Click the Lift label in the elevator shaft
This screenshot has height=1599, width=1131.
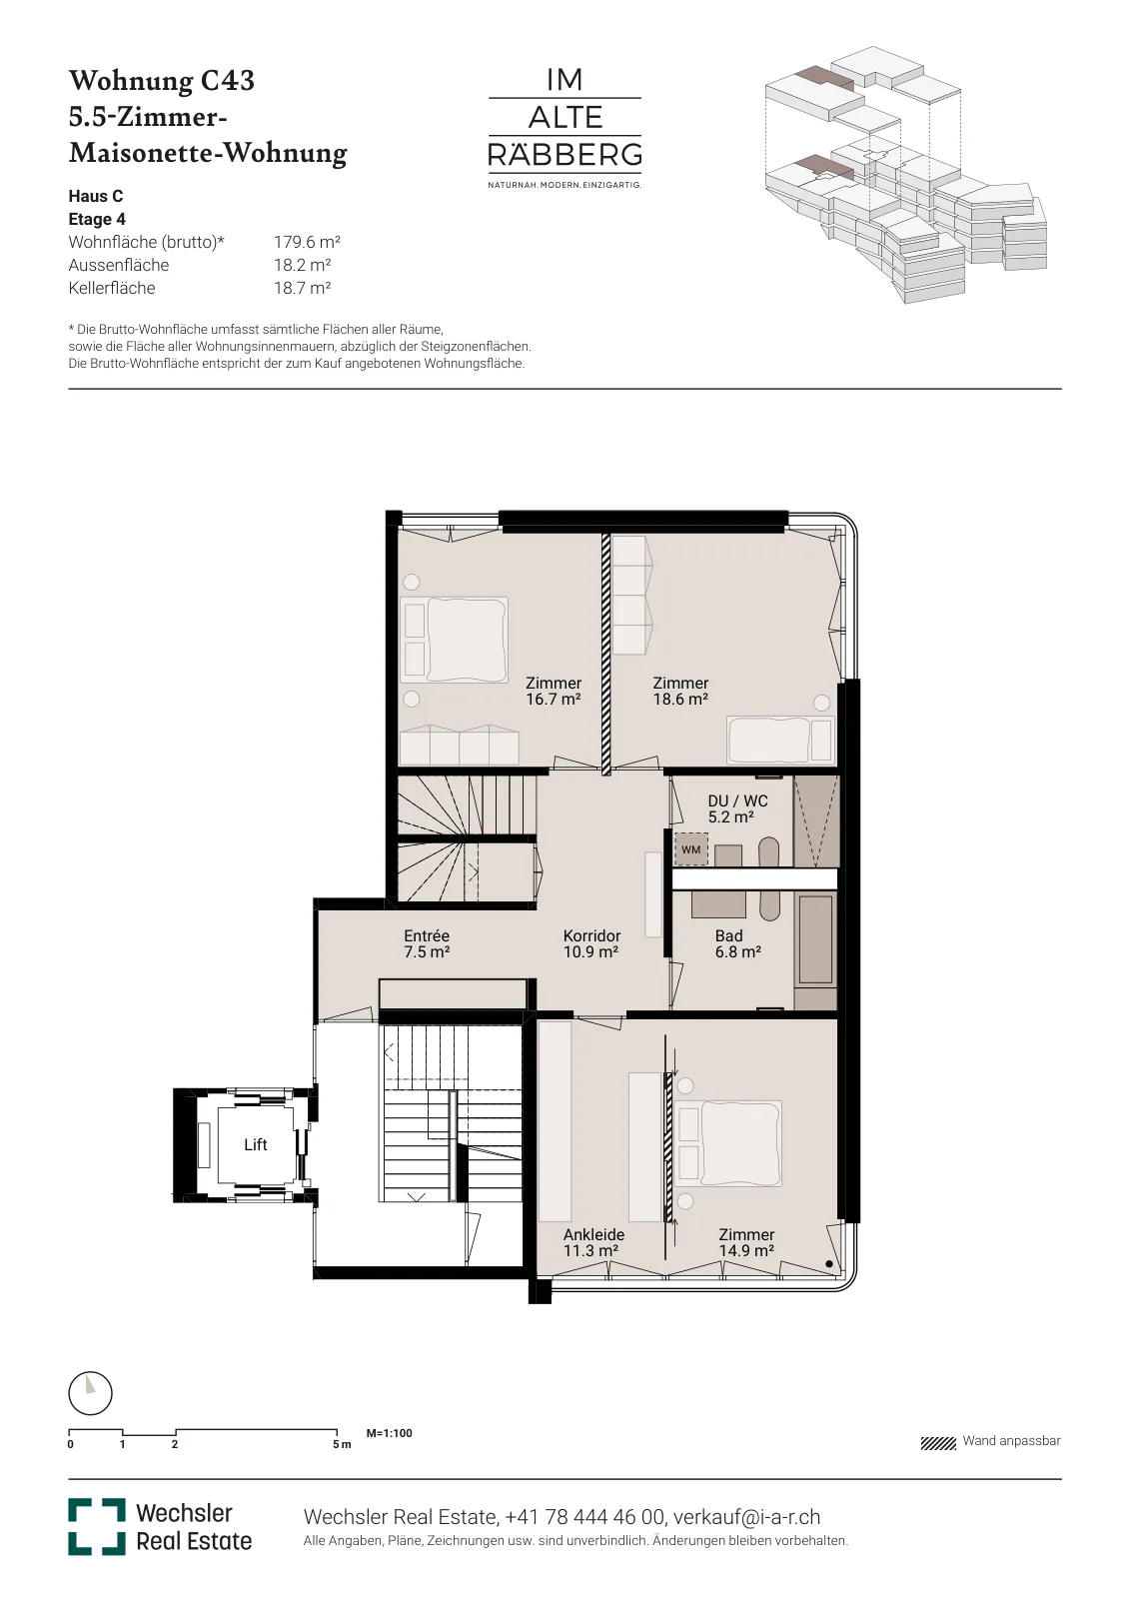256,1145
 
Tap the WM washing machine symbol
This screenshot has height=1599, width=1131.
690,849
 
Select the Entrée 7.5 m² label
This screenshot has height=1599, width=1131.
427,943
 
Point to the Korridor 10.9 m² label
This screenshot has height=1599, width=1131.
591,943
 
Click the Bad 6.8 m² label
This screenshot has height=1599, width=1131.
737,943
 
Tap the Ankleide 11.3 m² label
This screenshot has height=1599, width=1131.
593,1243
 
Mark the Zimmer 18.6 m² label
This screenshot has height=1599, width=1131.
680,691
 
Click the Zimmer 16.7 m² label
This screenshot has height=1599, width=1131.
554,691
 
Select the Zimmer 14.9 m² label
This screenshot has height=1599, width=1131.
746,1243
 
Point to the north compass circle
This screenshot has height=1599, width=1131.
90,1393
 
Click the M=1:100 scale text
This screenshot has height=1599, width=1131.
389,1433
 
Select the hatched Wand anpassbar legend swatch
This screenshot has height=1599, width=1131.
937,1444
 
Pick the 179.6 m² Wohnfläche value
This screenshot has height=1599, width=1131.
307,242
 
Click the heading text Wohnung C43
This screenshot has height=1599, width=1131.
161,81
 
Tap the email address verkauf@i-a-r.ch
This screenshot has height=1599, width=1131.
746,1516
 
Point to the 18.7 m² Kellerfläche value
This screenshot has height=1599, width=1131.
302,288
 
